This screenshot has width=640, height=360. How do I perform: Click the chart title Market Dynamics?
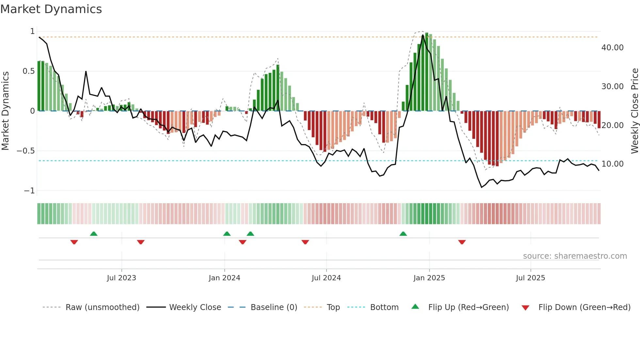tap(51, 9)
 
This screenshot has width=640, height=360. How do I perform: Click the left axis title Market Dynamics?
tap(5, 111)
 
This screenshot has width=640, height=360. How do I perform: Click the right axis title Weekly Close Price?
tap(634, 111)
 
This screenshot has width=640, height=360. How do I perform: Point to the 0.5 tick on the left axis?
tap(28, 71)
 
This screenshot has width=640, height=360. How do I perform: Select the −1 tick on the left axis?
tap(29, 190)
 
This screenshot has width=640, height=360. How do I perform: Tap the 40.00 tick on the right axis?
tap(612, 48)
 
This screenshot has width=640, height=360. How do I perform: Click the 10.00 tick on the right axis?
tap(612, 164)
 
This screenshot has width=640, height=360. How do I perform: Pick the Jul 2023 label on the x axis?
tap(121, 278)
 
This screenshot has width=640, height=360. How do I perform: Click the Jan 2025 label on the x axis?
tap(429, 278)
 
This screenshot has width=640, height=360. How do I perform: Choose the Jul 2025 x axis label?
tap(530, 278)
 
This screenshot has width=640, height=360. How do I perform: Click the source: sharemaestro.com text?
tap(575, 256)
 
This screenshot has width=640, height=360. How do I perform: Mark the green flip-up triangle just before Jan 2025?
tap(403, 234)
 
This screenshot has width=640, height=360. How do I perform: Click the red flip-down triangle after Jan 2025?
tap(462, 242)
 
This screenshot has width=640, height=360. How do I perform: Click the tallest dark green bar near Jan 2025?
tap(427, 72)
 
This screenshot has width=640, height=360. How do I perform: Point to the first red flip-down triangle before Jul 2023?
tap(74, 242)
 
